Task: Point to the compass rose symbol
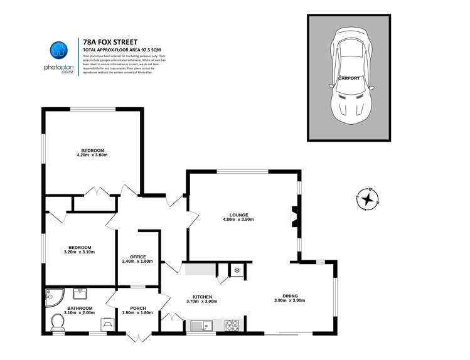coord(368,199)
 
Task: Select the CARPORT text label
coord(349,78)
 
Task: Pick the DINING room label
coord(289,296)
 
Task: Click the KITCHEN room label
coord(202,297)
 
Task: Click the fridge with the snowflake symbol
coord(237,270)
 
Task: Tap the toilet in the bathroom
coord(56,322)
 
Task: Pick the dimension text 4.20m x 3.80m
coord(92,156)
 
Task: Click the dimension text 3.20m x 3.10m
coord(79,252)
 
